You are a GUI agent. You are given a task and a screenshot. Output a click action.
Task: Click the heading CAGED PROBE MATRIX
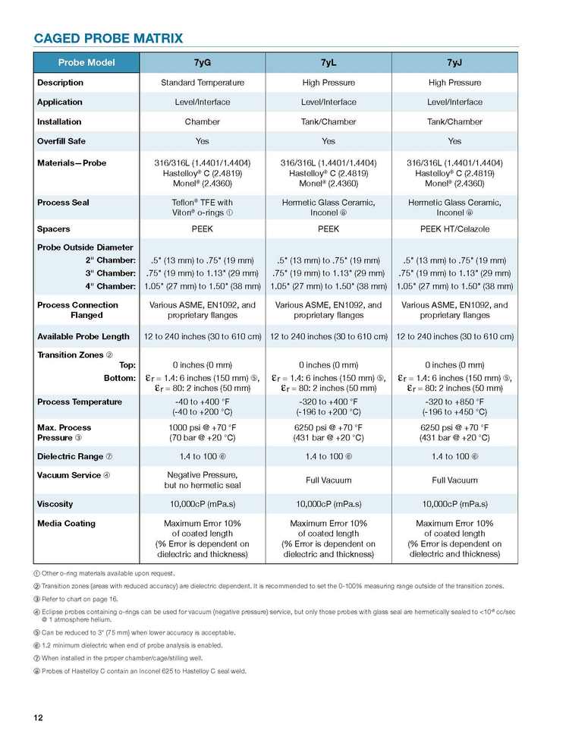click(108, 39)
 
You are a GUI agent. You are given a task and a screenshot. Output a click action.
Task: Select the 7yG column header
click(202, 62)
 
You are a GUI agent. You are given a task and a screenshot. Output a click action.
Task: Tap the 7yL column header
click(329, 62)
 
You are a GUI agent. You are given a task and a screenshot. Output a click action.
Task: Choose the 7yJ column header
click(454, 62)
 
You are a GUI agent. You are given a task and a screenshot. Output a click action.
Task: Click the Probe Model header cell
click(86, 62)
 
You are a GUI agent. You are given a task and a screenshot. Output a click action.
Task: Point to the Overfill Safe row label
click(63, 141)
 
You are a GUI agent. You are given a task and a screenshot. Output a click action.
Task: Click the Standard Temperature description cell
click(202, 83)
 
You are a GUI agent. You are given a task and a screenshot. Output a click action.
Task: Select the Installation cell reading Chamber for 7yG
click(202, 121)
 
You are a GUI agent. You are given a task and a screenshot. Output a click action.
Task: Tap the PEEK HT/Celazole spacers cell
click(454, 228)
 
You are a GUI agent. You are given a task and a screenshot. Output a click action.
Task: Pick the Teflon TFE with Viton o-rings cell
click(202, 208)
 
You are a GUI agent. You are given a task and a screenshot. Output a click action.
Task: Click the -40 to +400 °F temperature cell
click(202, 407)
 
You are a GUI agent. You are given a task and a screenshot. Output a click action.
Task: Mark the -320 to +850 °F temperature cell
click(454, 407)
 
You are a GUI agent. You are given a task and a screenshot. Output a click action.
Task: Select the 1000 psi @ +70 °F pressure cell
click(202, 433)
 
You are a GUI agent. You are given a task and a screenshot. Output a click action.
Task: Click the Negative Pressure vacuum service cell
click(202, 480)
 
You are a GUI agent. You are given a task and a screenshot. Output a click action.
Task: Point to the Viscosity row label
click(55, 504)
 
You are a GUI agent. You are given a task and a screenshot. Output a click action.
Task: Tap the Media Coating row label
click(66, 524)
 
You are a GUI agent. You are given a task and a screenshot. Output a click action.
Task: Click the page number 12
click(37, 717)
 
